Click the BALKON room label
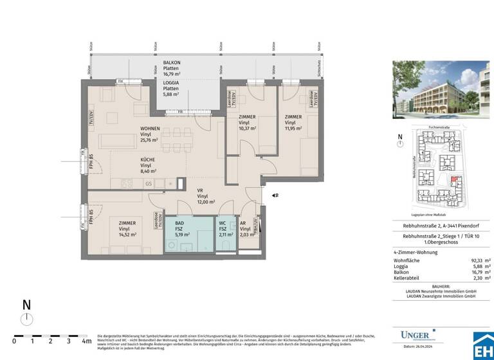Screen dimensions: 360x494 (x=172, y=62)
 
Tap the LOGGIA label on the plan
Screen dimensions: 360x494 (x=170, y=83)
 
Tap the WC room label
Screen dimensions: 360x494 (x=222, y=224)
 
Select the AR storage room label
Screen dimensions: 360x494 (x=244, y=224)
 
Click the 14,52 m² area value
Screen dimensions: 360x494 (x=129, y=235)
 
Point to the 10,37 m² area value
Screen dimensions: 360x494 (x=247, y=128)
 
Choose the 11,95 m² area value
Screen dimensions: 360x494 (x=293, y=128)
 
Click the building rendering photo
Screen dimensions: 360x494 (x=441, y=96)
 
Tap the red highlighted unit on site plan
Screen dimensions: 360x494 (x=455, y=181)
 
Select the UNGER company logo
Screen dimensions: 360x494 (x=418, y=335)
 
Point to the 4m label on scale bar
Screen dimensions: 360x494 (x=87, y=341)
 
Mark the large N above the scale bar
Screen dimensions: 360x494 (x=26, y=304)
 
